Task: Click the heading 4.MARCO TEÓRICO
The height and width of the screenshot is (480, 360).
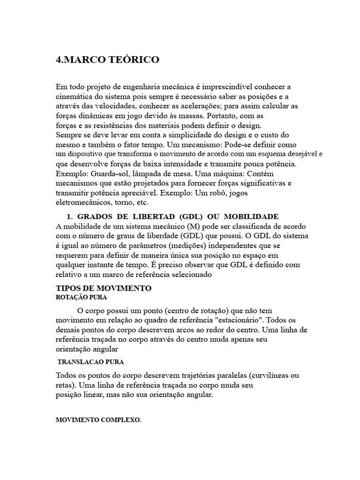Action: tap(107, 60)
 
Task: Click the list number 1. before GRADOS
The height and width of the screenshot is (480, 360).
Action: tap(69, 216)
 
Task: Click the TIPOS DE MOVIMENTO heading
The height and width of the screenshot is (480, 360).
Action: tap(103, 287)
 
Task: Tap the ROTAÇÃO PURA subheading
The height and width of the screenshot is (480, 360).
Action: tap(82, 297)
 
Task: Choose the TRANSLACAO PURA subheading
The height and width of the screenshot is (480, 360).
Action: tap(90, 362)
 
